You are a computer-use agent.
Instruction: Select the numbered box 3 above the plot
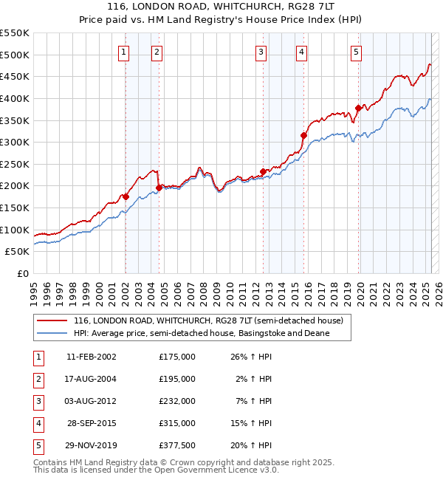[261, 52]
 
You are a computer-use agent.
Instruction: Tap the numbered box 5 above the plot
[356, 52]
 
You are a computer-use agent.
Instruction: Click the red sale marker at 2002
[126, 196]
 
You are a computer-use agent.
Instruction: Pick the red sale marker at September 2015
[303, 135]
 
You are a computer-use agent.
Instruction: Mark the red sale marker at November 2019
[358, 108]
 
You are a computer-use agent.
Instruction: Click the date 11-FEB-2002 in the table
[91, 356]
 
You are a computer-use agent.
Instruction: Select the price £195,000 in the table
[176, 379]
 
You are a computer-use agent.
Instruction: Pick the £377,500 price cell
[176, 445]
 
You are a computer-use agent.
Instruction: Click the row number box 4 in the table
[36, 423]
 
